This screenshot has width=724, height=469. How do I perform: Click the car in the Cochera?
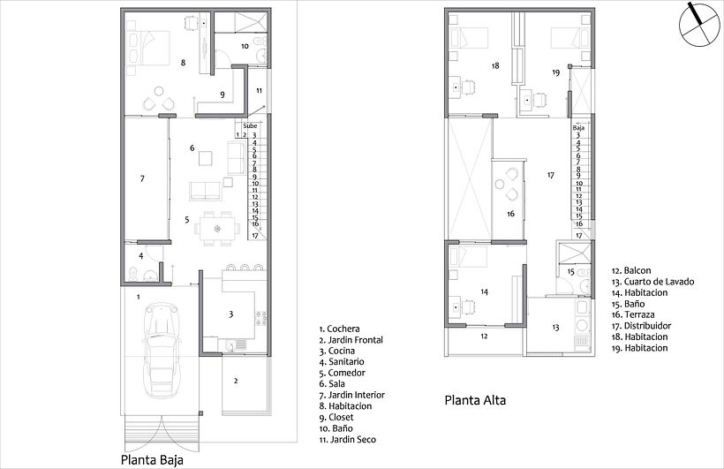161,350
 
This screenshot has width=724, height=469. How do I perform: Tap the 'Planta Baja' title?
152,460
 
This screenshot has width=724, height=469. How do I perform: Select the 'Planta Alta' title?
475,400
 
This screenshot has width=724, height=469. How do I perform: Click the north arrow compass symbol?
700,25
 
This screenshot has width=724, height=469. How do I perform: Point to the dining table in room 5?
217,228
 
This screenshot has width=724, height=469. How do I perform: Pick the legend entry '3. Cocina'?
336,351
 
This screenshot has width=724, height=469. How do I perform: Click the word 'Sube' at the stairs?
250,125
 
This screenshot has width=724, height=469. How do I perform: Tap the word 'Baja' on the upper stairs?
578,126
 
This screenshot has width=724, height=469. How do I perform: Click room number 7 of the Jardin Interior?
142,178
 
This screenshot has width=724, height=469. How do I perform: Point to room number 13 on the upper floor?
555,328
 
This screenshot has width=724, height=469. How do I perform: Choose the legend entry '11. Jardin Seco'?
347,440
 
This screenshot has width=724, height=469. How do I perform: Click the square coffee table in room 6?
206,158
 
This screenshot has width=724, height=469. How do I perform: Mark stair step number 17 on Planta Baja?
255,235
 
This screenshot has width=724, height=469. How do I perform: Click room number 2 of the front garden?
236,382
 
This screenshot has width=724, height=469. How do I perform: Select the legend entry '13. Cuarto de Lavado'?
652,282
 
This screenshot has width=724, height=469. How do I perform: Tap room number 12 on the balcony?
484,337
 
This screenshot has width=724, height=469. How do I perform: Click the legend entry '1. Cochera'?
339,329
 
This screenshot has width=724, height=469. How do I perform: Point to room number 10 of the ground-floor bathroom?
245,46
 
